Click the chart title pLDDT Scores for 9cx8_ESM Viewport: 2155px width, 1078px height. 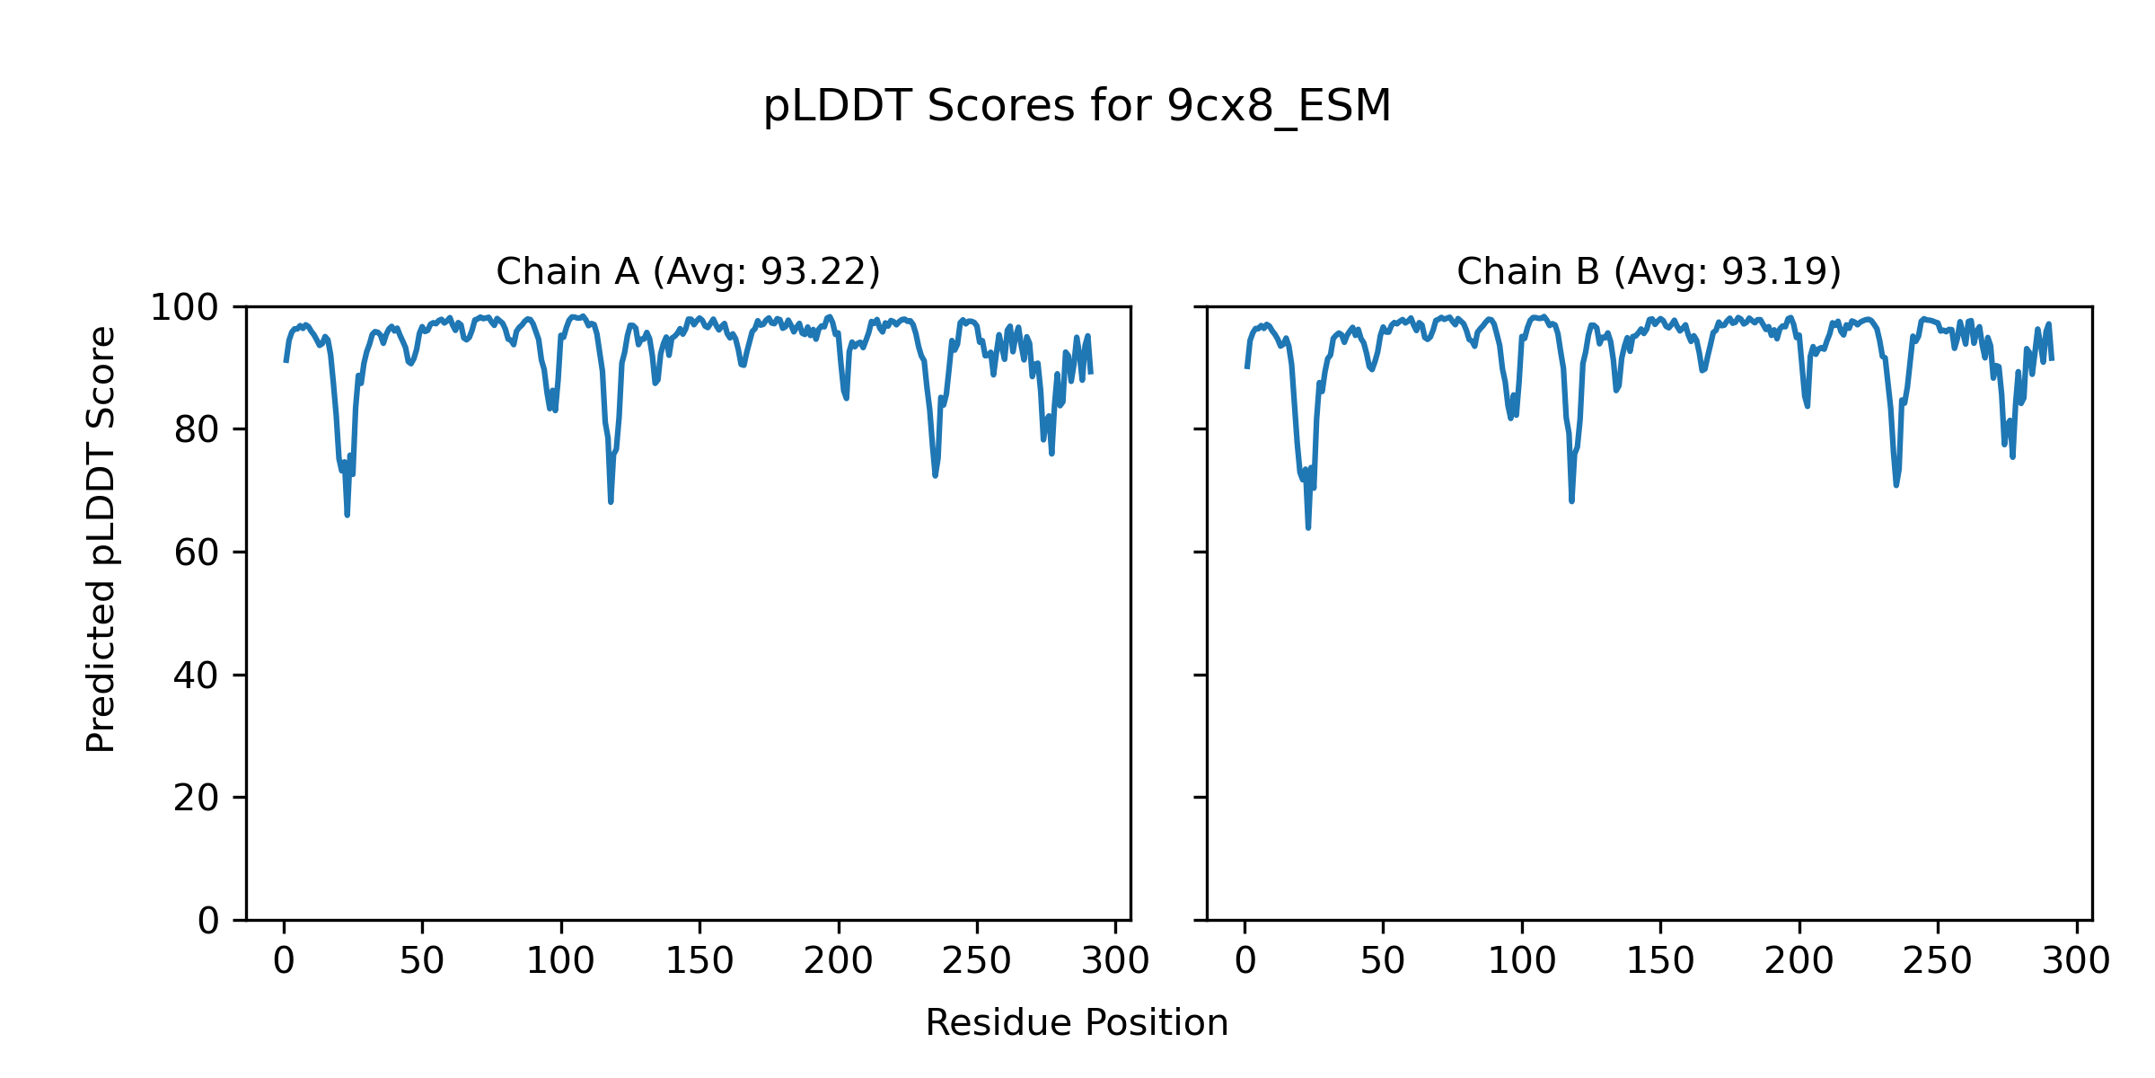point(1077,107)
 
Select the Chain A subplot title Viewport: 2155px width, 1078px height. point(688,271)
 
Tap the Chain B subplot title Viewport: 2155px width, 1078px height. point(1649,271)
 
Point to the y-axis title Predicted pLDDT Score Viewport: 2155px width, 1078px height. point(101,539)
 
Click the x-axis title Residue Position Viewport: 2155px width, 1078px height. point(1077,1023)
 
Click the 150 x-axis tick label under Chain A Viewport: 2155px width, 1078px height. point(699,962)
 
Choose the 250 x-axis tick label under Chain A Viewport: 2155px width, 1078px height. point(976,962)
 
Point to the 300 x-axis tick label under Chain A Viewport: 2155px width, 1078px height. point(1115,962)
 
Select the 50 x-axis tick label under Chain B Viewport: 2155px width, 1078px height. point(1383,962)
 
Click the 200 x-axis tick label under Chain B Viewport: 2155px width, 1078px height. point(1799,962)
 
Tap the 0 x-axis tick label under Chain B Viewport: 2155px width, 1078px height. point(1245,962)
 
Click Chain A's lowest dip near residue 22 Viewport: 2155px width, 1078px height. point(347,515)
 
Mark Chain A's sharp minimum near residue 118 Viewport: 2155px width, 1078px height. point(611,501)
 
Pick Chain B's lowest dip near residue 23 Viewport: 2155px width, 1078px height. point(1308,527)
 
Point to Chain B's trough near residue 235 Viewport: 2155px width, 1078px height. point(1896,485)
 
